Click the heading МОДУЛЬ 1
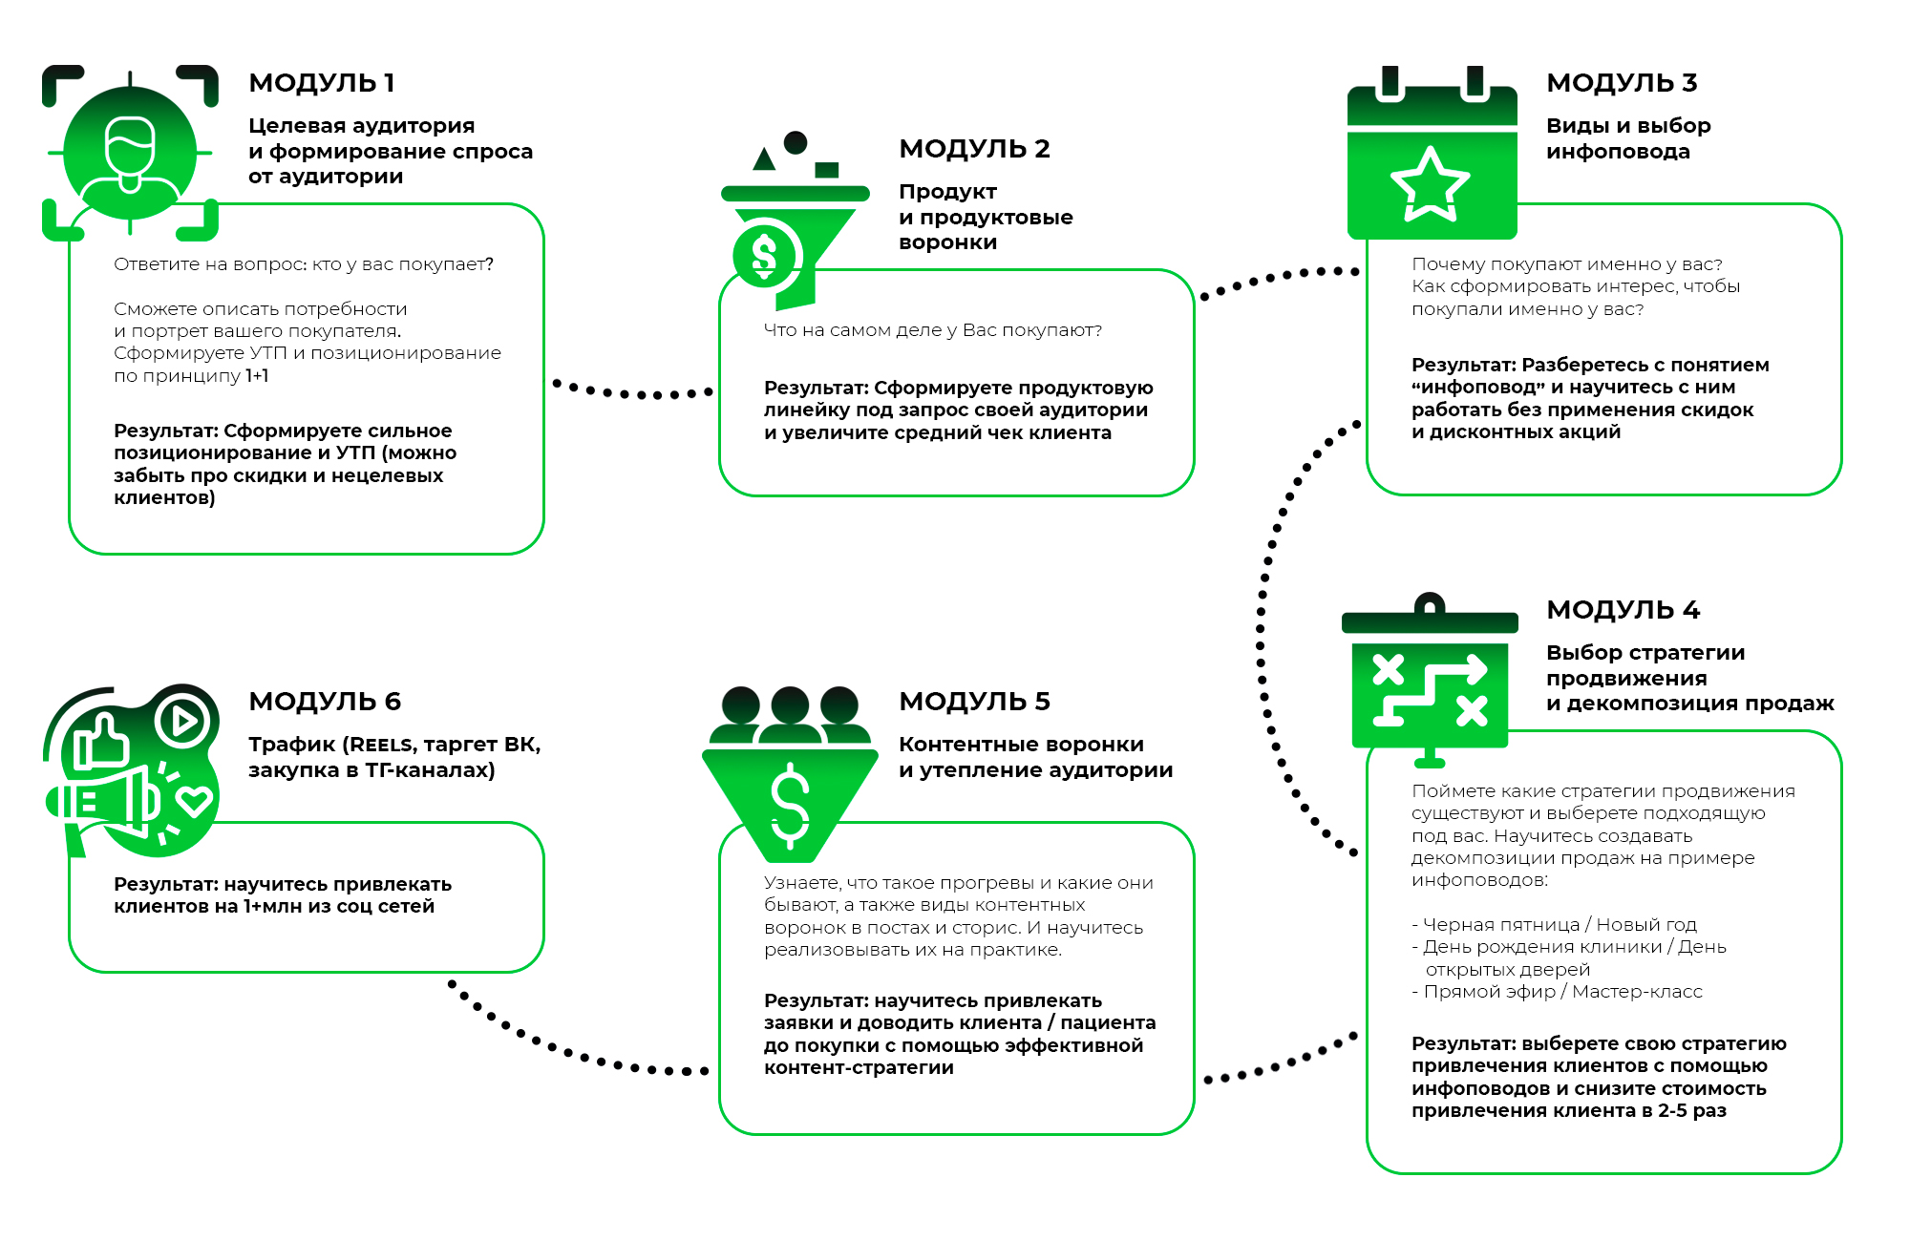click(321, 83)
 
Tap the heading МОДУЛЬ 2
click(974, 149)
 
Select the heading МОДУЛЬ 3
click(1622, 83)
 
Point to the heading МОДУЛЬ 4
click(1623, 610)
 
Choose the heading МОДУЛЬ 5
click(974, 702)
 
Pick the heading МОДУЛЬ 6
click(325, 702)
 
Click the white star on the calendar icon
click(1430, 184)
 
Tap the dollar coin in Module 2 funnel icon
click(765, 254)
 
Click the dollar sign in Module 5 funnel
click(790, 805)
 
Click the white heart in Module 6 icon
click(195, 800)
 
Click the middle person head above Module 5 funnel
click(790, 706)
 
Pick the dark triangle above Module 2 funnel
click(764, 159)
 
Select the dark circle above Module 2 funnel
click(796, 142)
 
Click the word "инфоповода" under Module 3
click(1618, 152)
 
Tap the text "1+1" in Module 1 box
click(257, 376)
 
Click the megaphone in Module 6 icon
click(105, 800)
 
